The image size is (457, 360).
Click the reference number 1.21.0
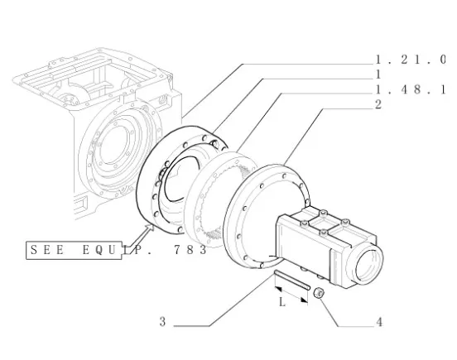411,60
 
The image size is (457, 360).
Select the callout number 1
378,74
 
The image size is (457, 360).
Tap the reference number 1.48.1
411,89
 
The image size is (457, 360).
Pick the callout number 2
378,104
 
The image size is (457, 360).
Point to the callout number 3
162,322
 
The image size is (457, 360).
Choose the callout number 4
379,323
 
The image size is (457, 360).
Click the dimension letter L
281,302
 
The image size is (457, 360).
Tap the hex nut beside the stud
319,292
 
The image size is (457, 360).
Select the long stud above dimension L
291,281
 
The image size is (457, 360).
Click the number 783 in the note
190,250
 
